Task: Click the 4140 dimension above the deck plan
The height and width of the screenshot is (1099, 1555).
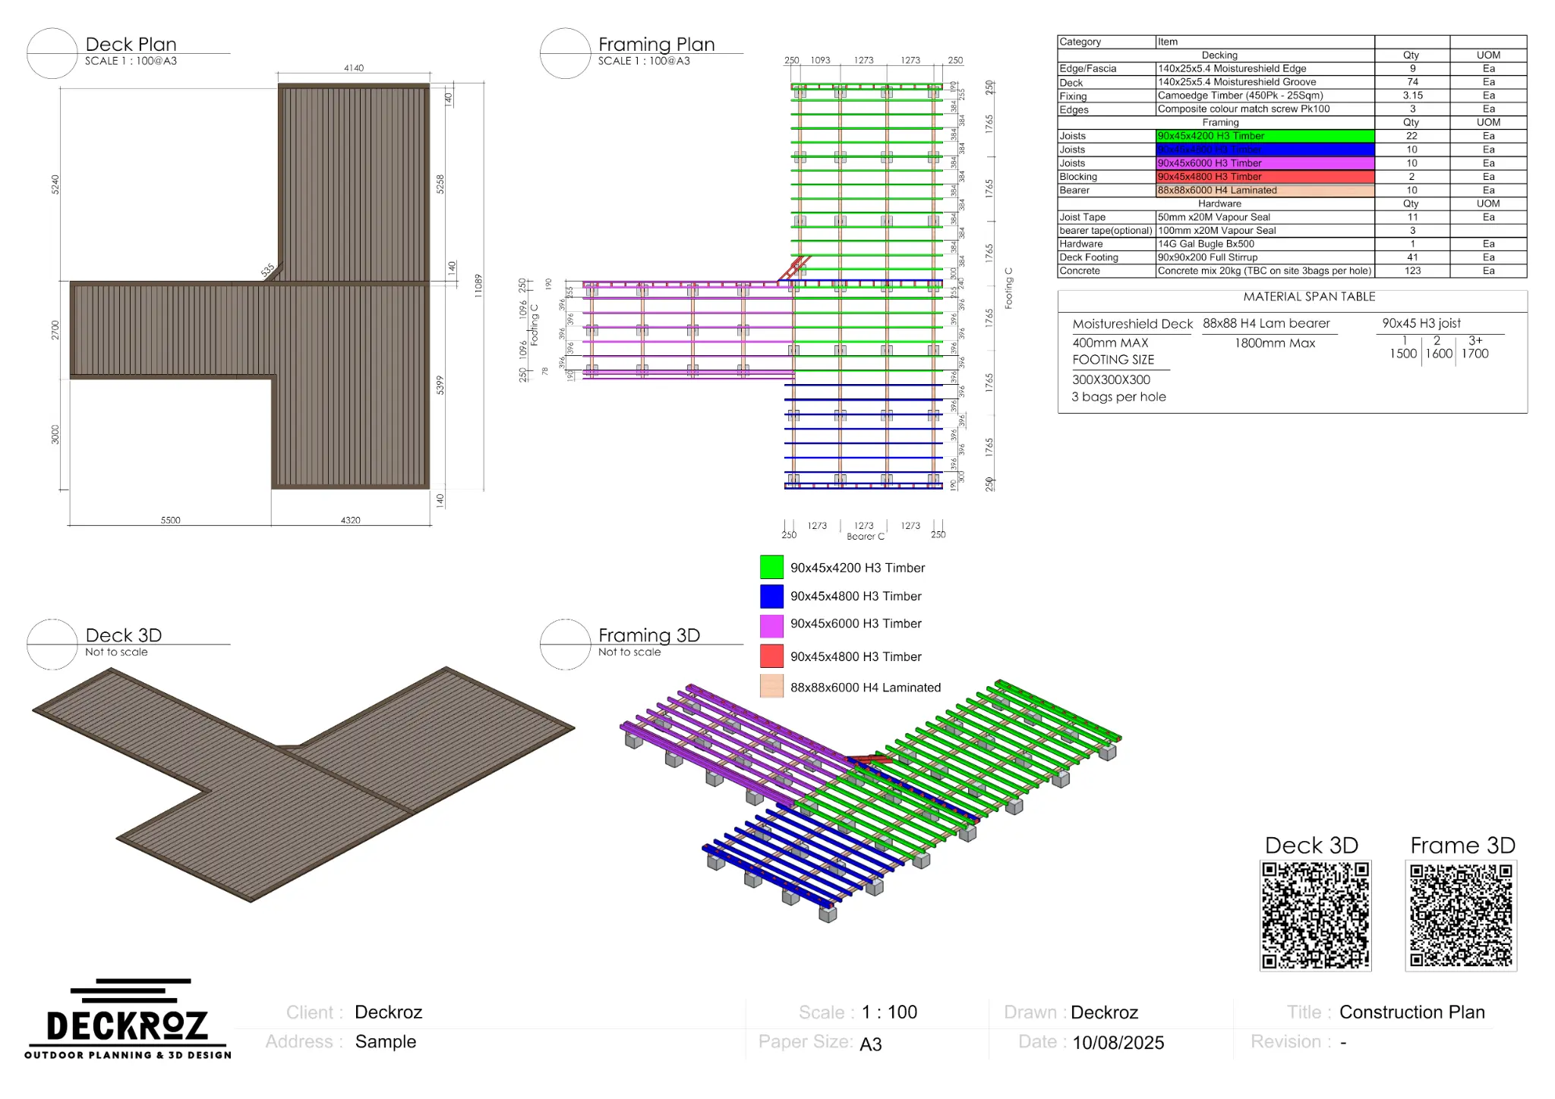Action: point(353,68)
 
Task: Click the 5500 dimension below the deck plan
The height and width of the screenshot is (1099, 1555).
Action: point(170,520)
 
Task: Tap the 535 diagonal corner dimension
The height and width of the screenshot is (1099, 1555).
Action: point(267,270)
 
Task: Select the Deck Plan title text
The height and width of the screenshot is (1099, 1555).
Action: point(131,44)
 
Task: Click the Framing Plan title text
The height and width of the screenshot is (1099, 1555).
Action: point(656,44)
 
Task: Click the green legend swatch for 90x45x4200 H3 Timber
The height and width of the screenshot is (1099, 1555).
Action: point(771,567)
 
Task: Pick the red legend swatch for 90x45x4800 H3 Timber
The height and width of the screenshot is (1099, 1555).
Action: point(771,656)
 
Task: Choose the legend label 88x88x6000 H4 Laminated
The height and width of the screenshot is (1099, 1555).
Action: point(865,688)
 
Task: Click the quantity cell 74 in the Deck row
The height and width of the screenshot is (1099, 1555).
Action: point(1411,82)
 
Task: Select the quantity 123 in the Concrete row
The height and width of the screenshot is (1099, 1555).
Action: point(1411,271)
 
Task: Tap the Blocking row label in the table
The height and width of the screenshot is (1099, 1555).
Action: point(1077,177)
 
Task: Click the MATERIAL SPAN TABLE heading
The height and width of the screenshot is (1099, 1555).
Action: point(1309,297)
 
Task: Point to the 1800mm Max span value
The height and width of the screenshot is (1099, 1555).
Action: point(1274,343)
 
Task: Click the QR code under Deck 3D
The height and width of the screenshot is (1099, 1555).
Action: point(1315,915)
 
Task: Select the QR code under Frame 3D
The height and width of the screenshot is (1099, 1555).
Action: point(1461,915)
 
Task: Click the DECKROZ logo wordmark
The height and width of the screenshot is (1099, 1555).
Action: point(127,1025)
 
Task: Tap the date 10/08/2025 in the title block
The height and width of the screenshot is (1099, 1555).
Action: point(1118,1043)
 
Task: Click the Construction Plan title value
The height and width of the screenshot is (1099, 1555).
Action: point(1411,1012)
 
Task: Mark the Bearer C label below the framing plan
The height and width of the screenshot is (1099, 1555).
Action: point(865,537)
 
